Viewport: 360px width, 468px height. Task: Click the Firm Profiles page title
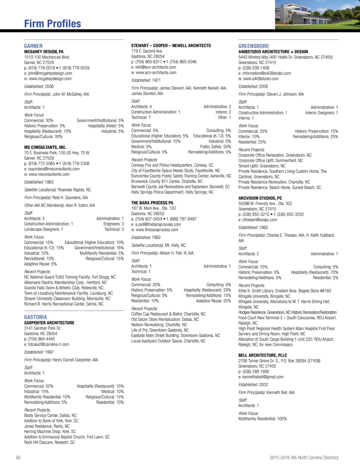(52, 24)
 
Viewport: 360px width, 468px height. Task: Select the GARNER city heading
(33, 46)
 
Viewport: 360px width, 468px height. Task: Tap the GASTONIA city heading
(36, 317)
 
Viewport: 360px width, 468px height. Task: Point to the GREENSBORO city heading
(253, 46)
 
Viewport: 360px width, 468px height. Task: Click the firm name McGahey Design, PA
(44, 52)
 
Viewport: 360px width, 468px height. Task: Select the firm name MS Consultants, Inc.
(45, 147)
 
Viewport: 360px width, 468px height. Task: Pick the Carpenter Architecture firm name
(49, 323)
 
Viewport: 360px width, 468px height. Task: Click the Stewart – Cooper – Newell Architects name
(171, 46)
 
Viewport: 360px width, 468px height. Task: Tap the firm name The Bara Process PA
(152, 203)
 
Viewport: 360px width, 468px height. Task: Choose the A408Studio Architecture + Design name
(273, 52)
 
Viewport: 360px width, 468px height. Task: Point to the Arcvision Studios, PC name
(260, 198)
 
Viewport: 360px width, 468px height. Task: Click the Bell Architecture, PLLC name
(263, 355)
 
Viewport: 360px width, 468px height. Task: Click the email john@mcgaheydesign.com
(50, 73)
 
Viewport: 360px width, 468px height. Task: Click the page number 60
(18, 457)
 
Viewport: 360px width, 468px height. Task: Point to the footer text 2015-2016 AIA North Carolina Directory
(304, 457)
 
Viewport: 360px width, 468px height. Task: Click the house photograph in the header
(317, 14)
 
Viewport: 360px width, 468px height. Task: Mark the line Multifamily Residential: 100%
(263, 419)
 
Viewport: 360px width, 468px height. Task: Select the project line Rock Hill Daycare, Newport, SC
(50, 442)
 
